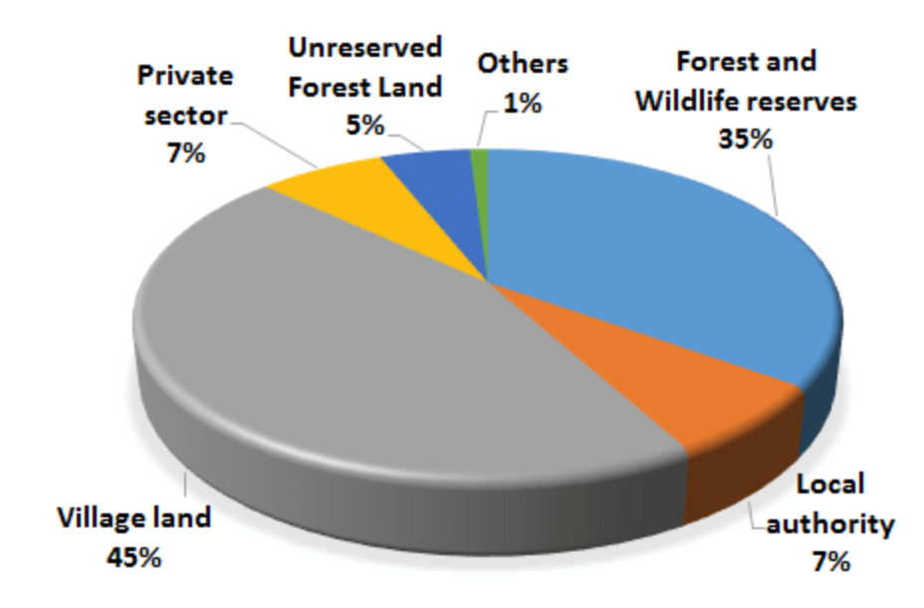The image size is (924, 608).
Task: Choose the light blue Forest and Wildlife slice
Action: [660, 259]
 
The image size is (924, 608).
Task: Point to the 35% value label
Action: [745, 140]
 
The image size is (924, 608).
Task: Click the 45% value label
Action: [133, 557]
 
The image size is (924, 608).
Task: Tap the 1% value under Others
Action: [522, 104]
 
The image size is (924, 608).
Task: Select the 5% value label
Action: [364, 125]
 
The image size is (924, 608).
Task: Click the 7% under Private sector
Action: [185, 153]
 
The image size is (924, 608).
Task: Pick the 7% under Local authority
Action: [830, 561]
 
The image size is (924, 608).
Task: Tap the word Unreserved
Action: [365, 47]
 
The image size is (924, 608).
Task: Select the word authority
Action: [830, 523]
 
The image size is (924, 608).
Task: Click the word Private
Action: [185, 76]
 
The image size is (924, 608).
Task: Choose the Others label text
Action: [523, 64]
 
